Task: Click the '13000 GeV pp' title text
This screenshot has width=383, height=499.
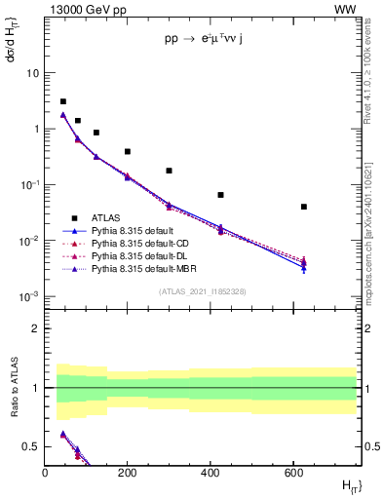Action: click(85, 9)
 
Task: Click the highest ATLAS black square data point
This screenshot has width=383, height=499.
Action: click(63, 101)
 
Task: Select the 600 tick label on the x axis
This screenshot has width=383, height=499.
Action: click(292, 473)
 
